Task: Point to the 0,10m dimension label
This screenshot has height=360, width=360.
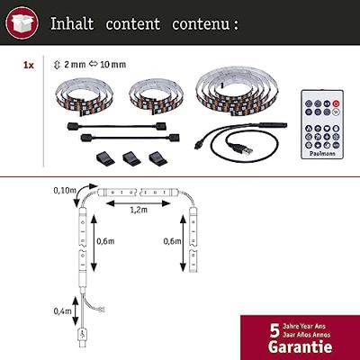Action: pos(64,190)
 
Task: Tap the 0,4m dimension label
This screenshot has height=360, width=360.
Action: pos(63,311)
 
